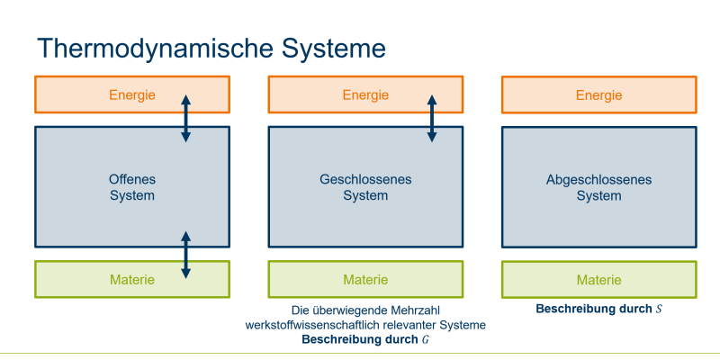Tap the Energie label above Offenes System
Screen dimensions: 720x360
132,95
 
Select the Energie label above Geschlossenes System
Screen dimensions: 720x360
365,95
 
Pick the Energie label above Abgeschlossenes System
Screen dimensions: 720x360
598,95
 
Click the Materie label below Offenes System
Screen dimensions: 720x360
132,280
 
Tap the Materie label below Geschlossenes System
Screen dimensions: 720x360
365,280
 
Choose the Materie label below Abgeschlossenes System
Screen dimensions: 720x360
598,280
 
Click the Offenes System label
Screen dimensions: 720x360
132,187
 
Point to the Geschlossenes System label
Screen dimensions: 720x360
365,187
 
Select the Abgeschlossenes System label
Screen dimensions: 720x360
598,187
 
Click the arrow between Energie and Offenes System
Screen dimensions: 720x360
185,119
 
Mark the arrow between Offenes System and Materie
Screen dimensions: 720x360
185,255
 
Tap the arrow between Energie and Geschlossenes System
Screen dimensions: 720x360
432,119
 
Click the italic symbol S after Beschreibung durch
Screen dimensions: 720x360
659,309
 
